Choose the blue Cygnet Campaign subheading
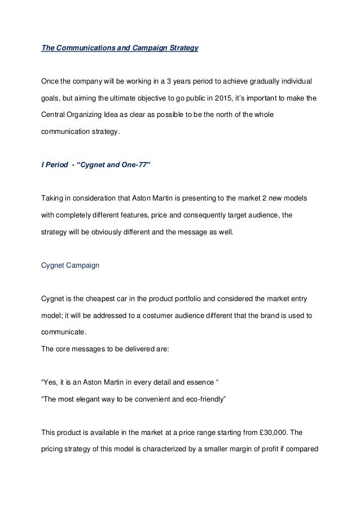click(71, 264)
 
